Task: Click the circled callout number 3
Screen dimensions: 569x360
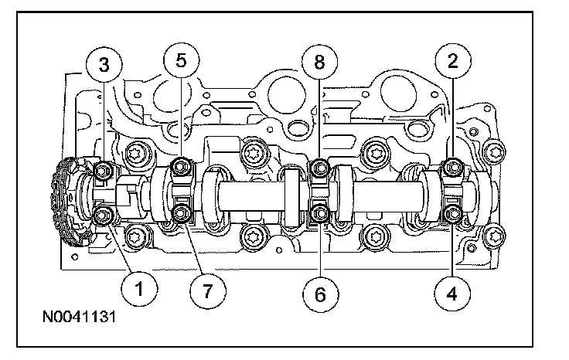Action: tap(104, 65)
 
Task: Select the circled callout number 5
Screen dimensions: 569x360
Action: tap(182, 60)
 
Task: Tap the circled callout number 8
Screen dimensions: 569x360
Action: tap(320, 62)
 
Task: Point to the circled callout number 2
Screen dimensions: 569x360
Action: tap(453, 60)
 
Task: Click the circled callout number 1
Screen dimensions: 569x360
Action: tap(139, 289)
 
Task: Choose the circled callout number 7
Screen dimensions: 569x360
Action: tap(208, 290)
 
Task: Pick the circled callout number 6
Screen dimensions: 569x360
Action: tap(320, 294)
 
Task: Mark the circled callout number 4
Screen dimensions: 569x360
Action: tap(452, 294)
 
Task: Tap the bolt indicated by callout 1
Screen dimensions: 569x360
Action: tap(102, 216)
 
